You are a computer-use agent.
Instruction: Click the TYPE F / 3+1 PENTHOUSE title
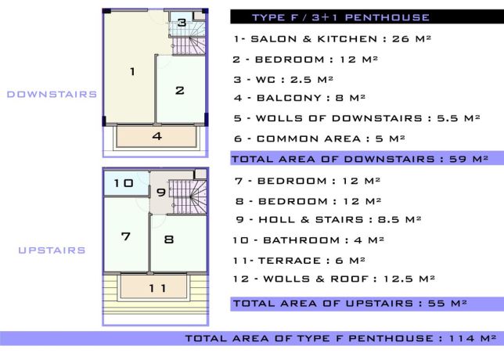tap(340, 17)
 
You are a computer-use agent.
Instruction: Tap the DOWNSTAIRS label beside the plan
tap(52, 94)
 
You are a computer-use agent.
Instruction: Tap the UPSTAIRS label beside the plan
tap(52, 250)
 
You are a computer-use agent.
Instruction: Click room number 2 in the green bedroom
tap(179, 90)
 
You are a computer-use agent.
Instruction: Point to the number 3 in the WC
tap(182, 23)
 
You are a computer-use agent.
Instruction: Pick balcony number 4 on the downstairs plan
tap(157, 136)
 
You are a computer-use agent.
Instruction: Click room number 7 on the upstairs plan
tap(125, 236)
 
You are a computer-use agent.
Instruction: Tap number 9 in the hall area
tap(160, 193)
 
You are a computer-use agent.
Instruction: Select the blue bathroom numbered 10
tap(124, 183)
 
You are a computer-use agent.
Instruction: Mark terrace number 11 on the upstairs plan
tap(157, 288)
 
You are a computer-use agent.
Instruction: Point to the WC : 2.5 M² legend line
tap(284, 79)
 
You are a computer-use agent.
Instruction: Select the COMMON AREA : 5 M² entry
tap(319, 139)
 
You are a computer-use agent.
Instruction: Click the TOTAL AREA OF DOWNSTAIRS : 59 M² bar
tap(360, 159)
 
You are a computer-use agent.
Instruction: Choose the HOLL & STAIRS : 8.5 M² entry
tap(328, 220)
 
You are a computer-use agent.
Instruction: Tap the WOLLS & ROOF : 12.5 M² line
tap(335, 279)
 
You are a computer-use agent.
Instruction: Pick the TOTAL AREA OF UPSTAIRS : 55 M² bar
tap(350, 303)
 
